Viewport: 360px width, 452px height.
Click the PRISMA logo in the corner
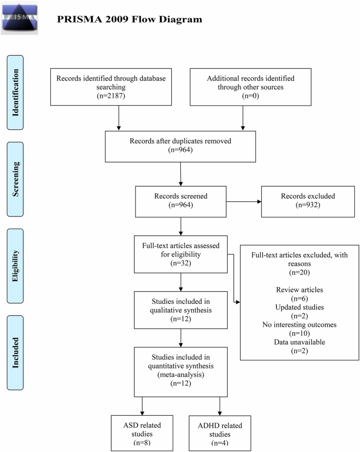pos(19,17)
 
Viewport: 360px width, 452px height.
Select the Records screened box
pos(180,200)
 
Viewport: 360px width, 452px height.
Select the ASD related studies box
pos(142,433)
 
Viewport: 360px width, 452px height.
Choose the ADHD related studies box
pos(220,433)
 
